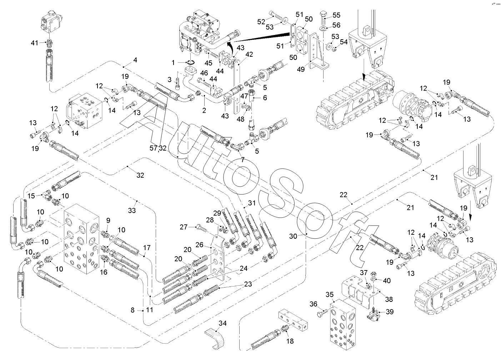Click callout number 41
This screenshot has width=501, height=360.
(34, 43)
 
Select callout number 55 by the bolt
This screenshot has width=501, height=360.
(336, 15)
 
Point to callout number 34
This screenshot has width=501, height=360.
(222, 324)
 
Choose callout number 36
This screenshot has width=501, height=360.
(313, 304)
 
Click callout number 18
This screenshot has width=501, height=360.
(290, 341)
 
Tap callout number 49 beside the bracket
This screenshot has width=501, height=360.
(301, 69)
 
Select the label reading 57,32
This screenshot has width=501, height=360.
(158, 148)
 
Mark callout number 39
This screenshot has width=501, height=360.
(390, 311)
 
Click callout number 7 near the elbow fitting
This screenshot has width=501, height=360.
(243, 160)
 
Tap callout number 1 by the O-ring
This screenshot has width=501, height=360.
(174, 62)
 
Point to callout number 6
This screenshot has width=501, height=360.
(265, 97)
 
